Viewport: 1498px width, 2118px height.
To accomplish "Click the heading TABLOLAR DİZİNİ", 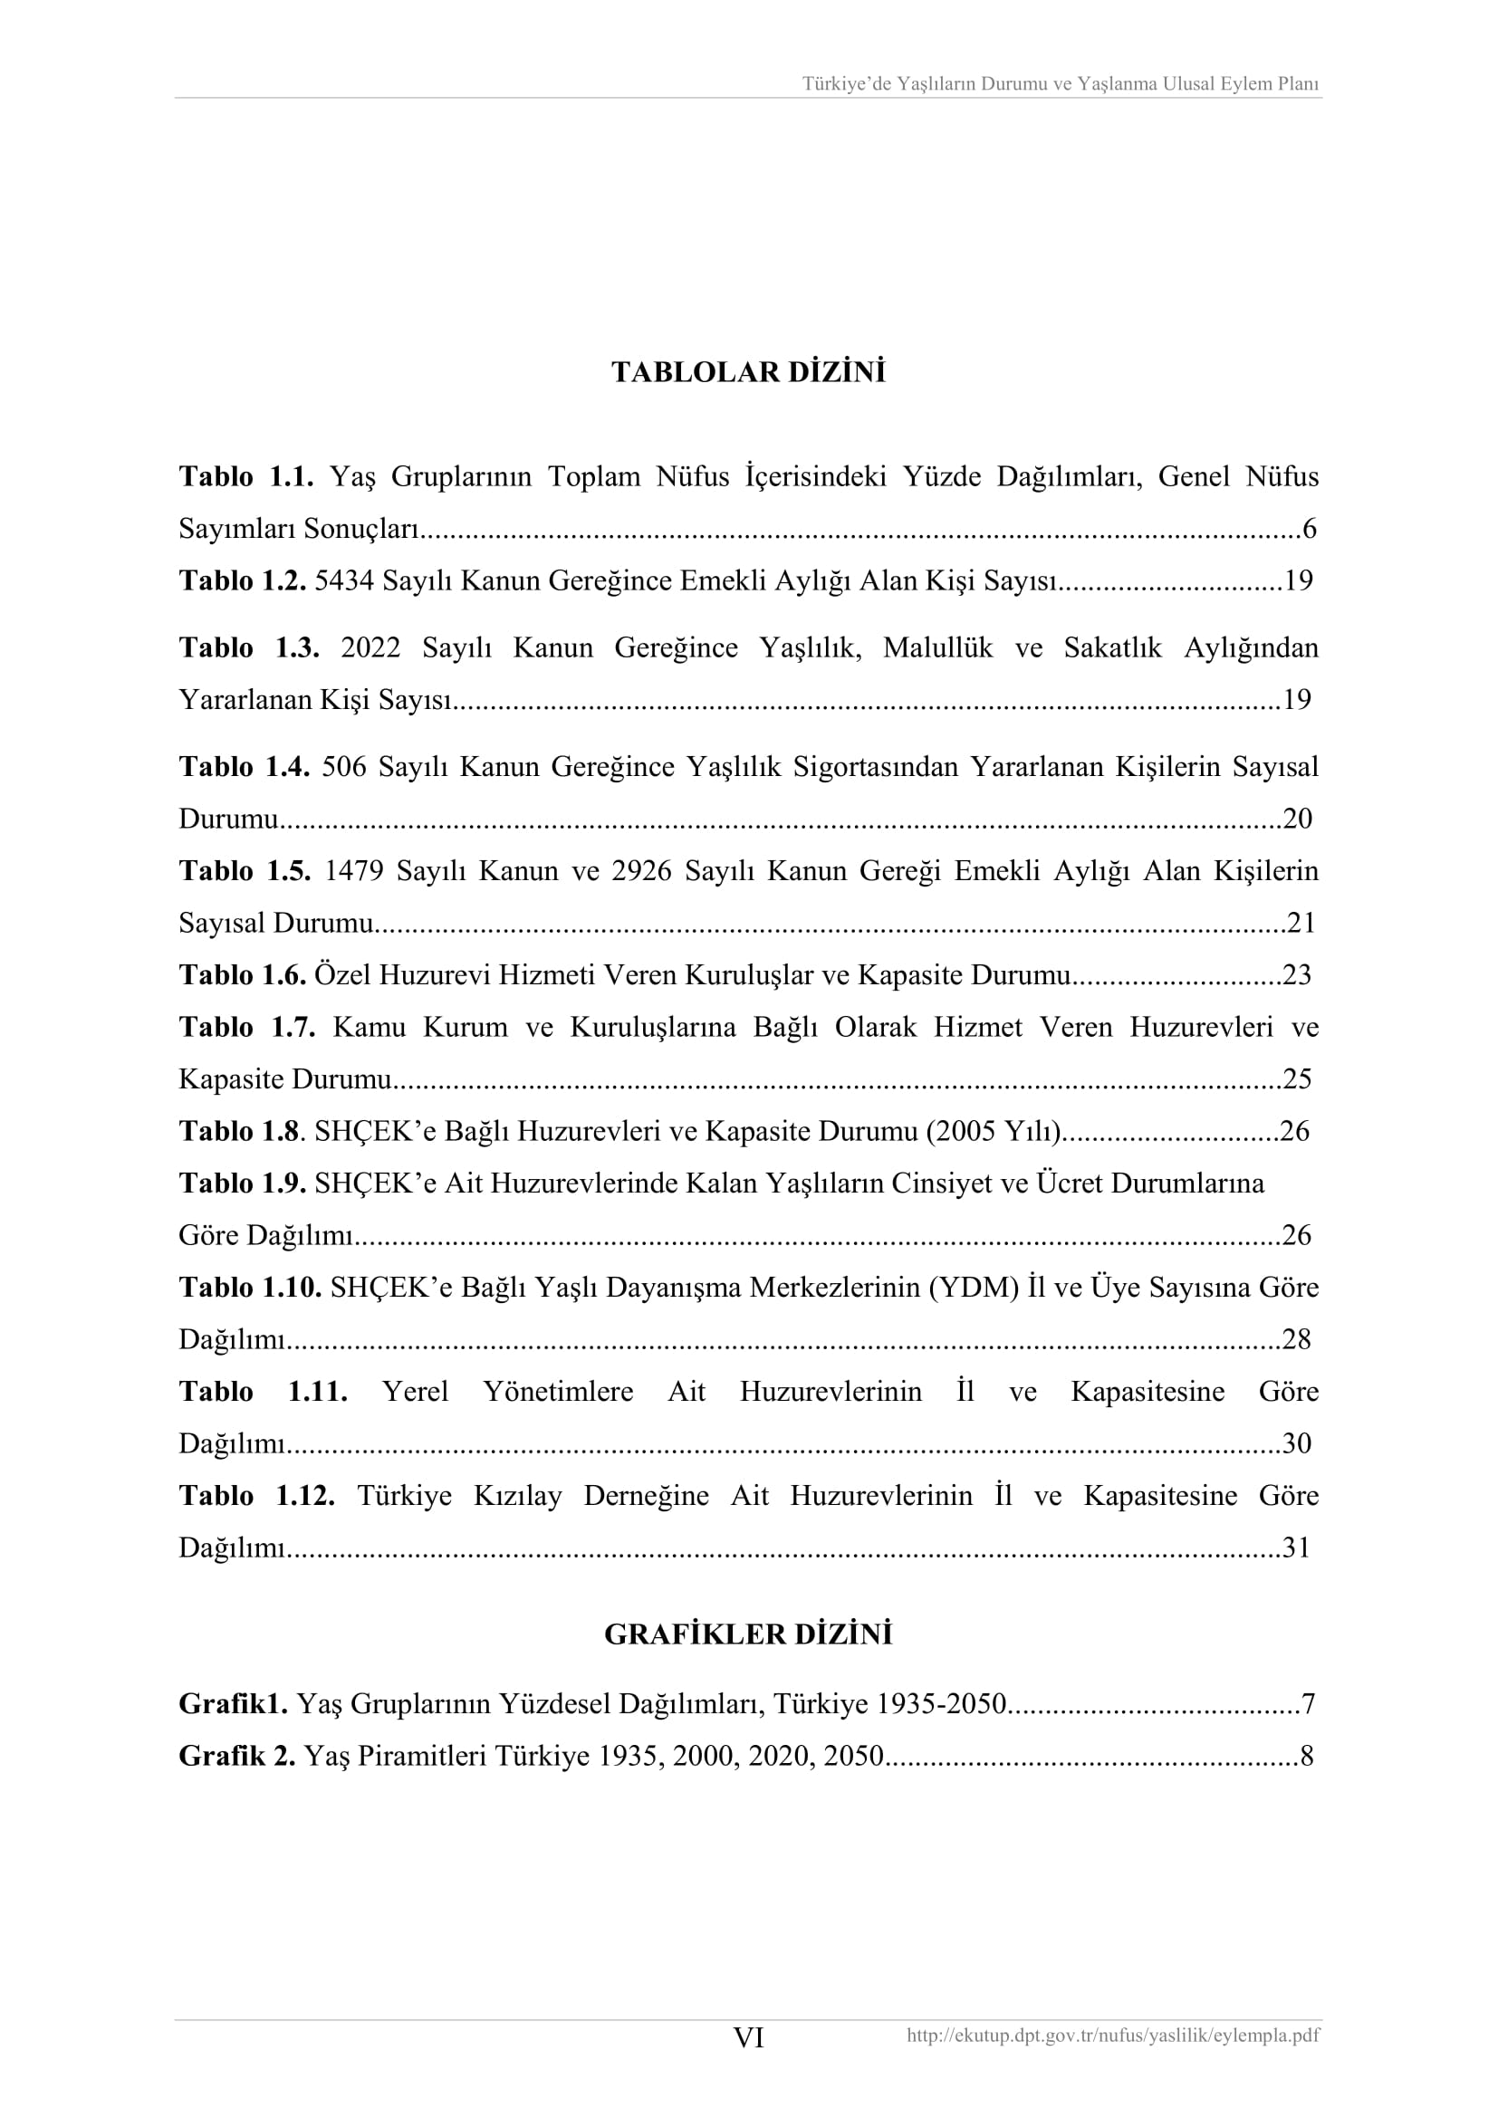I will click(748, 373).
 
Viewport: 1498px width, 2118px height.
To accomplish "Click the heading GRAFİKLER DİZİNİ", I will click(748, 1634).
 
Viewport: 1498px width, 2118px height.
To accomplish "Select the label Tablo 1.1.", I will click(246, 477).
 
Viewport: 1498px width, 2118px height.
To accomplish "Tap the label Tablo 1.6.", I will click(242, 975).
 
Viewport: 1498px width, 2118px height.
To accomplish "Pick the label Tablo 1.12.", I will click(256, 1495).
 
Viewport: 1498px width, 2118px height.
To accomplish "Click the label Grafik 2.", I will click(237, 1756).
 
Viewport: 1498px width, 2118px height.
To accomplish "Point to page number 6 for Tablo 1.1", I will click(1308, 530).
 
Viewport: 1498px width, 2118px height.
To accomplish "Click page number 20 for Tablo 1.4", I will click(1297, 819).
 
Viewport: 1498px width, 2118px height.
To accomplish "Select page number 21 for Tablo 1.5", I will click(1301, 923).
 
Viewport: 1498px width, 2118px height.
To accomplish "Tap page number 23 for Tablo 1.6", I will click(1297, 975).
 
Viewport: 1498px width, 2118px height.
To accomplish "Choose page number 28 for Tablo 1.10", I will click(1296, 1339).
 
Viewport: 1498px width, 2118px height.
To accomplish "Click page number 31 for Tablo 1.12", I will click(1296, 1548).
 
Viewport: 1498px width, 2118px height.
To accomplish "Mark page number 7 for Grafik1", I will click(1307, 1704).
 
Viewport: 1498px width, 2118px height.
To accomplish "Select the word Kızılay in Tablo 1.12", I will click(517, 1495).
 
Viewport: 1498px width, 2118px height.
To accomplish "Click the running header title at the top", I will click(1060, 84).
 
